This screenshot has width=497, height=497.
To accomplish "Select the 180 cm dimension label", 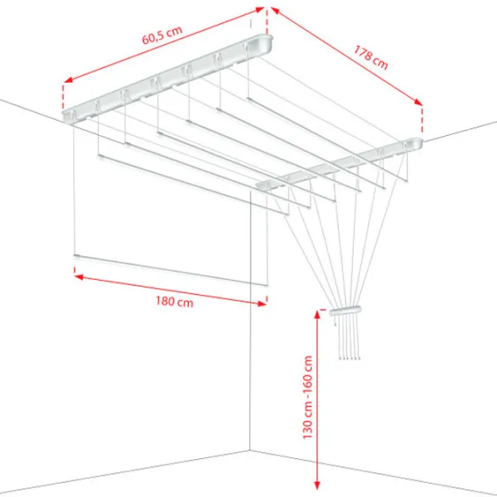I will (x=173, y=302).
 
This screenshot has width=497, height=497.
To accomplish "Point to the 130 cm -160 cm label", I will (x=308, y=398).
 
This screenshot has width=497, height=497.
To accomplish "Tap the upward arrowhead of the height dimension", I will (x=318, y=313).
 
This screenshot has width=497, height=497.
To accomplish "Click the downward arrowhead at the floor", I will (x=318, y=487).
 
